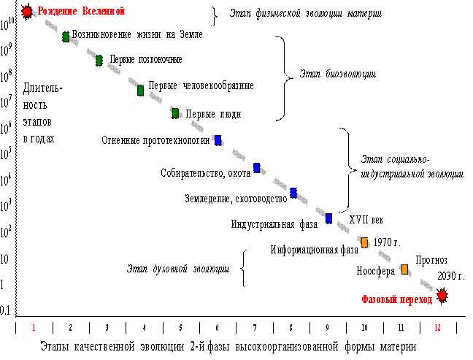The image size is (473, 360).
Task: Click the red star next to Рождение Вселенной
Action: (x=28, y=12)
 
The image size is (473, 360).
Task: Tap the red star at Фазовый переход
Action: (x=442, y=296)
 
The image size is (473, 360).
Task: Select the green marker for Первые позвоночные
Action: (x=99, y=61)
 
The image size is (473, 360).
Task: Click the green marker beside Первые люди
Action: (x=175, y=113)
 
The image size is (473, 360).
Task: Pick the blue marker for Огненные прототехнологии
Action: (x=218, y=140)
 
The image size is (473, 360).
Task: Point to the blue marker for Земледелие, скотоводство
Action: (x=293, y=193)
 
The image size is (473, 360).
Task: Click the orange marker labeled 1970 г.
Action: (x=365, y=242)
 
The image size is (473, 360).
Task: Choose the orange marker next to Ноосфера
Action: (x=404, y=269)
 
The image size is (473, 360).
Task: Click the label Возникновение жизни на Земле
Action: (x=137, y=34)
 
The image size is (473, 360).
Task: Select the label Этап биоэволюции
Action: (x=339, y=74)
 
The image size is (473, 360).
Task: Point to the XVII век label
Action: (x=366, y=219)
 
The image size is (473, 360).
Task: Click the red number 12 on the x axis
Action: (x=437, y=328)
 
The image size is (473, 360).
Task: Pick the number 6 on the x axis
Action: (x=218, y=328)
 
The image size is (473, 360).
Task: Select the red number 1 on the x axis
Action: (x=34, y=328)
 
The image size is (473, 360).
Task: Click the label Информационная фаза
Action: (x=315, y=248)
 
